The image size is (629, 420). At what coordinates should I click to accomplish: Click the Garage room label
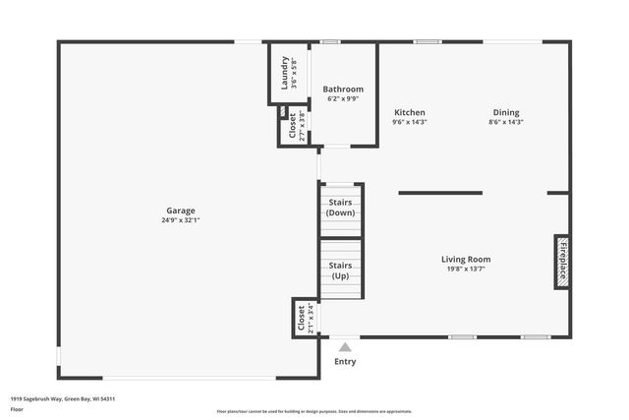point(180,210)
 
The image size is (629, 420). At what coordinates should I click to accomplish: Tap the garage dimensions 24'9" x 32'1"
point(180,220)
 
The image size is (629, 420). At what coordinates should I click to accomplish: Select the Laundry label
point(285,73)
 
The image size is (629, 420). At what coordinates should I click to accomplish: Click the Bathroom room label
point(343,90)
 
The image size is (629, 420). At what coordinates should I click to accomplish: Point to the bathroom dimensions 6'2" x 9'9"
point(343,99)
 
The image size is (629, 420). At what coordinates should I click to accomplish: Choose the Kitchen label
point(409,112)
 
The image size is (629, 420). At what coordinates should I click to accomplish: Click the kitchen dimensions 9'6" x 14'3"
point(409,122)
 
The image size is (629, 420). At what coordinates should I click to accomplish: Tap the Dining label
point(505,112)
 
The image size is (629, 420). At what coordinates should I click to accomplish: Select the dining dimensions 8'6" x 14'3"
point(505,122)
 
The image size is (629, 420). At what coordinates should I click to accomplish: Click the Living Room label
point(465,259)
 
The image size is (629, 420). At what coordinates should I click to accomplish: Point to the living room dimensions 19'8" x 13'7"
point(465,269)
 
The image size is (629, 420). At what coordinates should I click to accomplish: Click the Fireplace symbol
point(562,261)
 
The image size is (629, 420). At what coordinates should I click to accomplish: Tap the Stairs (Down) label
point(340,208)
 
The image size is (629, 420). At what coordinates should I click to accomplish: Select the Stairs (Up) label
point(340,270)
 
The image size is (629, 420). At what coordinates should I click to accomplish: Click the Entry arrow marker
point(344,346)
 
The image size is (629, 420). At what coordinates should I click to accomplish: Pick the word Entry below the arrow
point(345,361)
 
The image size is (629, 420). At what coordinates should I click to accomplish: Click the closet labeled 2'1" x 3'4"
point(304,319)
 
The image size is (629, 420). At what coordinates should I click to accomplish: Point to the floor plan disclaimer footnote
point(314,411)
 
